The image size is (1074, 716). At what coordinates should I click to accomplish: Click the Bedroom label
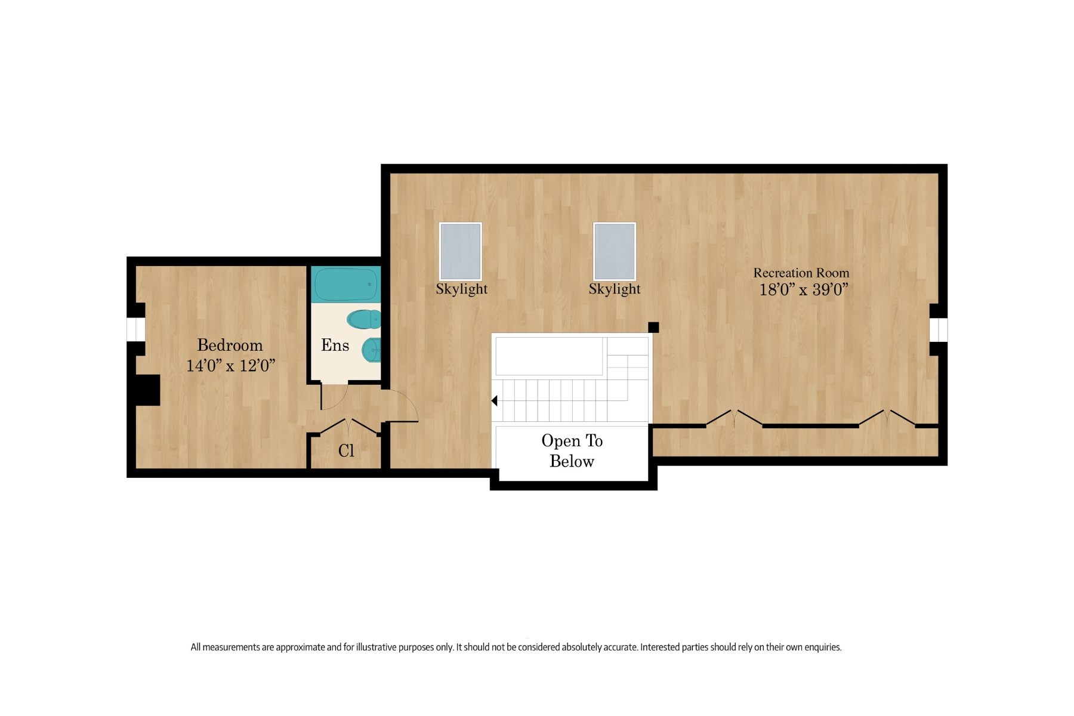(x=230, y=345)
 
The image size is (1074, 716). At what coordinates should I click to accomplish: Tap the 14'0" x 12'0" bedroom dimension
(x=230, y=366)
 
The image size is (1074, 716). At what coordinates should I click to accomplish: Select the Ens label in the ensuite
(x=335, y=345)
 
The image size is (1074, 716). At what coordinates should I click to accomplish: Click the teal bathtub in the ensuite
(x=345, y=285)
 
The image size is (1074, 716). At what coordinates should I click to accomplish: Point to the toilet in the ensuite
(x=364, y=319)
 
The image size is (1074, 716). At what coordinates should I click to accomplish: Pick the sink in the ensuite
(x=372, y=350)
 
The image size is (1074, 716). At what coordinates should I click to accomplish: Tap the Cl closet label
(x=346, y=450)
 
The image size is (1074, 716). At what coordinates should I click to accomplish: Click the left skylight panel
(x=460, y=252)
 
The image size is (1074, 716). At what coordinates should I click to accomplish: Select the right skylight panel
(x=614, y=252)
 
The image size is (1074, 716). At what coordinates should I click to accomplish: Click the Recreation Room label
(x=801, y=273)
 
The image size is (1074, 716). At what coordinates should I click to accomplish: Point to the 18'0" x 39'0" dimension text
(x=803, y=290)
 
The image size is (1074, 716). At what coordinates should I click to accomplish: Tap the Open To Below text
(x=572, y=451)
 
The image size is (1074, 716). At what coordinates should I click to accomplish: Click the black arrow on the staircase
(x=495, y=401)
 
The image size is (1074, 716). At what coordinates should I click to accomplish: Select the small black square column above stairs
(x=653, y=327)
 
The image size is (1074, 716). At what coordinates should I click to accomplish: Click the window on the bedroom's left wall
(x=136, y=329)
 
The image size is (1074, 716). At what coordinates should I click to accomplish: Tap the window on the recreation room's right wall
(x=939, y=330)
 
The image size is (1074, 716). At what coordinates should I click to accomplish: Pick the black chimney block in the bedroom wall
(x=147, y=390)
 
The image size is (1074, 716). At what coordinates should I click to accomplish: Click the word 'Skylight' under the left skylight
(x=461, y=289)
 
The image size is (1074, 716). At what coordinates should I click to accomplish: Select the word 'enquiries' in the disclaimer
(x=822, y=647)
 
